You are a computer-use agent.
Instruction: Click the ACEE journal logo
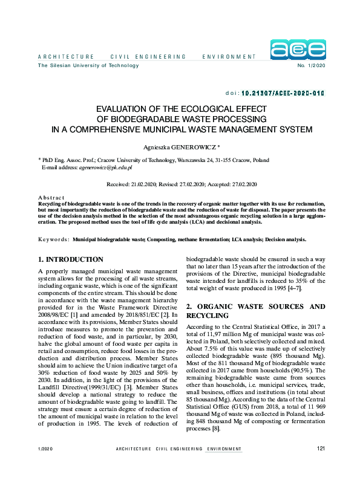click(x=298, y=50)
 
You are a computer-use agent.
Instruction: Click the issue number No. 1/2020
click(x=310, y=65)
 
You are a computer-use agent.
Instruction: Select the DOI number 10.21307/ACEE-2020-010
click(x=283, y=94)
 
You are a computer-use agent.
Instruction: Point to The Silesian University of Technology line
click(x=88, y=65)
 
